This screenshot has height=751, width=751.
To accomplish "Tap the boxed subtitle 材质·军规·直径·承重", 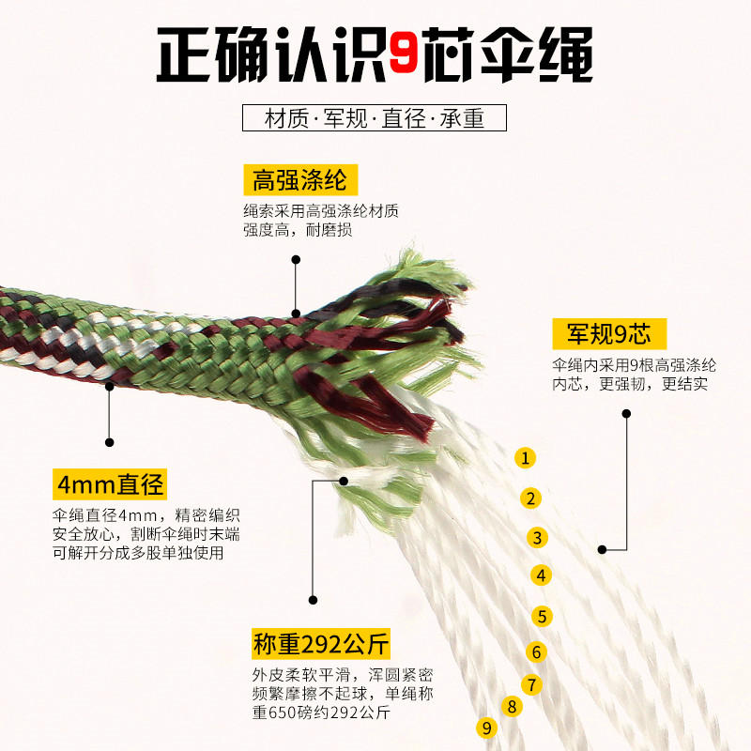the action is [x=374, y=118].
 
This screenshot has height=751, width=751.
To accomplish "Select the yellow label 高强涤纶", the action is [x=300, y=180].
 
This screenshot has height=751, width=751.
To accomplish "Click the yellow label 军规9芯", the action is [x=609, y=333].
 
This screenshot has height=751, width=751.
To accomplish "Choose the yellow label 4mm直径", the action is [x=110, y=483].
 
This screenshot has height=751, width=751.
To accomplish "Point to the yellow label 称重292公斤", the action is [x=321, y=644].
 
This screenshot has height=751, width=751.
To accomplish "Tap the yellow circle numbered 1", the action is [x=525, y=458].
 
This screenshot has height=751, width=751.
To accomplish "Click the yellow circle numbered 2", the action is [x=530, y=498].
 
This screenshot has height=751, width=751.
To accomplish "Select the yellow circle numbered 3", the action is [x=537, y=537].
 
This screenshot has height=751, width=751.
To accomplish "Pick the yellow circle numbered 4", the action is [x=542, y=575].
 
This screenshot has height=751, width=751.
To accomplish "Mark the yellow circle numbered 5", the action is [x=543, y=616].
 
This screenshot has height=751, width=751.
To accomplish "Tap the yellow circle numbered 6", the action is [x=536, y=651].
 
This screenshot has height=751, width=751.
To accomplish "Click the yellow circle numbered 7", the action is [x=531, y=684].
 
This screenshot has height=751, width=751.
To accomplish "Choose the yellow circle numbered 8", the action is [x=512, y=707].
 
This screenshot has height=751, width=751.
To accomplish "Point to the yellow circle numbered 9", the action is [x=487, y=728].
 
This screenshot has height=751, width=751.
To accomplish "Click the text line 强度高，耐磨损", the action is [x=298, y=230].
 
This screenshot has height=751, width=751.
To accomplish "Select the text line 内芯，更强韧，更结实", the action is [x=630, y=384].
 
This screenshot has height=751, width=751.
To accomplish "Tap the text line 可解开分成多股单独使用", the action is [x=138, y=553].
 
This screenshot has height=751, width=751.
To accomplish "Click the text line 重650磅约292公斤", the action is [x=321, y=713].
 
